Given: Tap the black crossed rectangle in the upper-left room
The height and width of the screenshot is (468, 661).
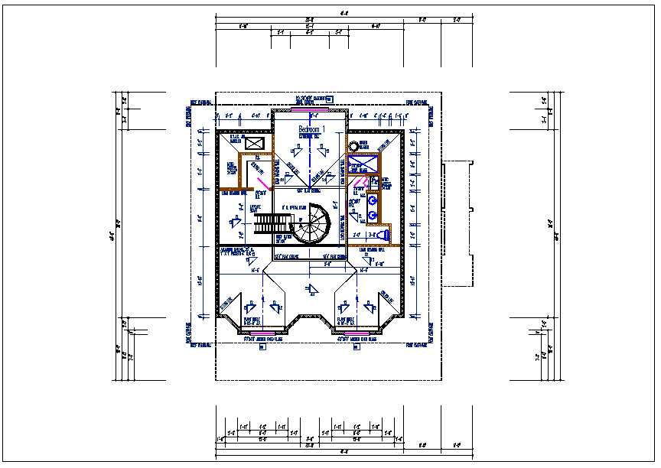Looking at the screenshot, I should coord(255,143).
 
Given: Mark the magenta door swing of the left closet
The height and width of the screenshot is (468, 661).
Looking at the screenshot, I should coord(262,182).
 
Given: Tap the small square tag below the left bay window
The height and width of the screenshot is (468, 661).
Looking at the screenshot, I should coord(262,348).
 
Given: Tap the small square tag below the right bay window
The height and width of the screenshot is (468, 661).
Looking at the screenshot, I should coord(357,348).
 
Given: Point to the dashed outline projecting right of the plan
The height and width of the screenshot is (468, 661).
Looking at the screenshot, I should coord(459,222).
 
